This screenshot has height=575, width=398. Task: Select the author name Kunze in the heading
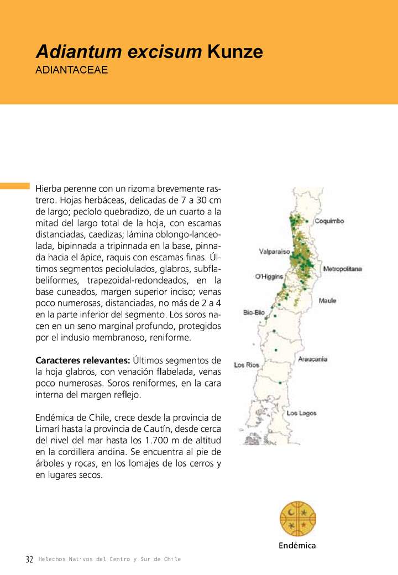click(235, 52)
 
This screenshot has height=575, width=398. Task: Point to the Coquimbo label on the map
click(329, 221)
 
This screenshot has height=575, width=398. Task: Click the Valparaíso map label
click(275, 252)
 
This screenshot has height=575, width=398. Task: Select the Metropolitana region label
click(342, 269)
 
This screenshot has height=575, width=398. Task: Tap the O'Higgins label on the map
click(269, 276)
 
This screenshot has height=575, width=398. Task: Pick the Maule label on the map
click(327, 301)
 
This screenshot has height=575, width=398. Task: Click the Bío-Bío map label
click(254, 313)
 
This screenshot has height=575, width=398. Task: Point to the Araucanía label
click(313, 359)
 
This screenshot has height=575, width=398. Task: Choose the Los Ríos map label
click(247, 365)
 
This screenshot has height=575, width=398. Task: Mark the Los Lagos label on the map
click(301, 413)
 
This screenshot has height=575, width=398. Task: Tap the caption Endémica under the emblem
click(297, 546)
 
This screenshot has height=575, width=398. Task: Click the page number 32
click(30, 560)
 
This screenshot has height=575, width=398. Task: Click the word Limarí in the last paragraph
click(49, 428)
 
